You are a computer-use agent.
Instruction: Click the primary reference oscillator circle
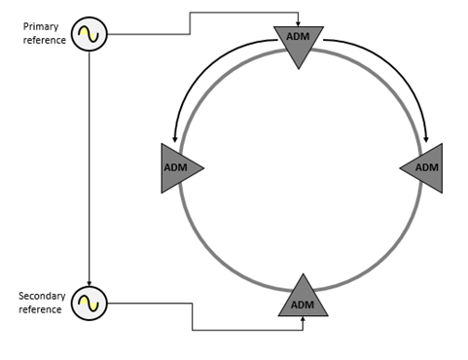[x=90, y=36]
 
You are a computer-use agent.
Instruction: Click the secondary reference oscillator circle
[x=90, y=303]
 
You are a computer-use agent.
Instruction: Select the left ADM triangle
[x=178, y=168]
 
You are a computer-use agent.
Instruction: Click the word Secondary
[x=40, y=295]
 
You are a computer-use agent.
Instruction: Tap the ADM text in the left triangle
[x=174, y=168]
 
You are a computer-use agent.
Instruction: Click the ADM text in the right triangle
[x=427, y=167]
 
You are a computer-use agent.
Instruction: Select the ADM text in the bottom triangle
[x=303, y=305]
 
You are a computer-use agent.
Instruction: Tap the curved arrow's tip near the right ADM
[x=426, y=138]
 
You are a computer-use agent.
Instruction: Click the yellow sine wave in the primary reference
[x=90, y=36]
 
